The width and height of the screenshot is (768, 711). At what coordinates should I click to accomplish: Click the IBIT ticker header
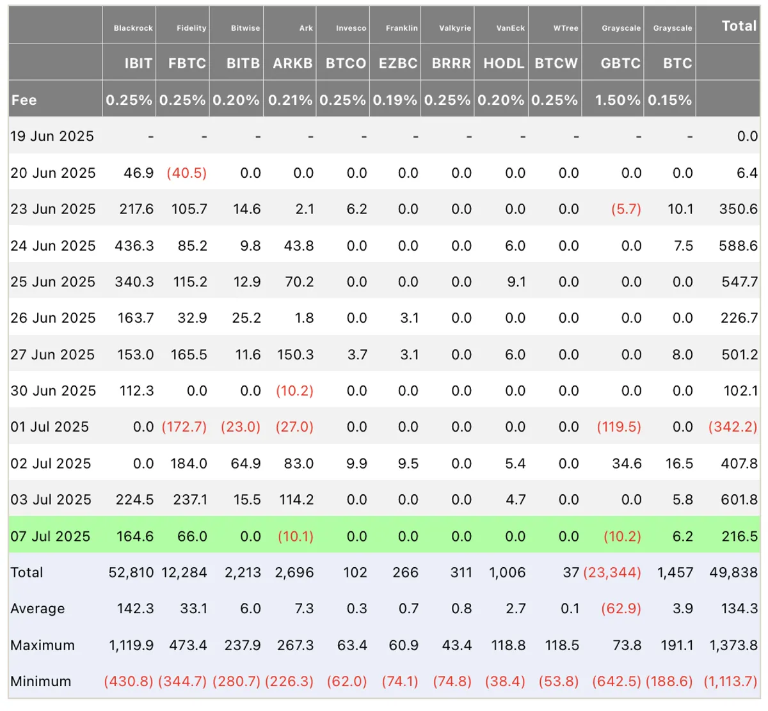[138, 63]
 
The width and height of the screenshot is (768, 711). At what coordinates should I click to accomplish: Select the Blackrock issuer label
[133, 28]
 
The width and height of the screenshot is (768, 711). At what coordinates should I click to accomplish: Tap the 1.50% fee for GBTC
[618, 100]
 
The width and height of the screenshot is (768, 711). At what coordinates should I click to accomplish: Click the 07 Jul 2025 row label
[51, 536]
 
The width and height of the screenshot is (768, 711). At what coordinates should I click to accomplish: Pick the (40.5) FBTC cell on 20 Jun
[187, 173]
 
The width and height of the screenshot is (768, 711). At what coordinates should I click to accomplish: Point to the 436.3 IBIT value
[134, 246]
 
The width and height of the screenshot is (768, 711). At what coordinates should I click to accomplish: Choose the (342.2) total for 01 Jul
[733, 426]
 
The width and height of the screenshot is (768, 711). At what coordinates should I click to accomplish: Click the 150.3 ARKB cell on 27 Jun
[295, 354]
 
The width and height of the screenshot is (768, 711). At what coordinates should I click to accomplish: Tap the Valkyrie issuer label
[455, 28]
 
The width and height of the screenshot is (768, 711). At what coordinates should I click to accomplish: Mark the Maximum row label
[42, 645]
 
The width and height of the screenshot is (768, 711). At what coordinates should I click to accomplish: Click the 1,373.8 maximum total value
[733, 645]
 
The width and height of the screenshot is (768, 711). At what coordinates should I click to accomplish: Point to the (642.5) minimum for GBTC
[616, 681]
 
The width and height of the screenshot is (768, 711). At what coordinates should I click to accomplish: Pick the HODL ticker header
[504, 63]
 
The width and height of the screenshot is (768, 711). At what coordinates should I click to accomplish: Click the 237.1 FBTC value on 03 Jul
[190, 499]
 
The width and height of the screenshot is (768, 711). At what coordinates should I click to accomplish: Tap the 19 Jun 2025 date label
[52, 136]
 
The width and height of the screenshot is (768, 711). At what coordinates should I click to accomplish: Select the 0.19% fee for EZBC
[395, 100]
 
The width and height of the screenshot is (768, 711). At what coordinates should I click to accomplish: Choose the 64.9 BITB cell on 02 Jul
[246, 463]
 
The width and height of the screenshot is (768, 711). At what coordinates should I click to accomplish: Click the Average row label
[38, 609]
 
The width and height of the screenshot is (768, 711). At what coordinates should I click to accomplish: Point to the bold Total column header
[739, 26]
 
